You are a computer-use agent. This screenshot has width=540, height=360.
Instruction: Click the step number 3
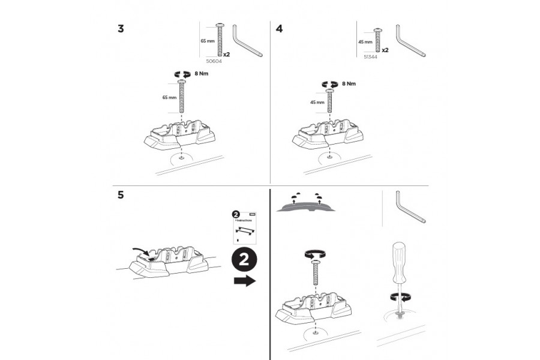(x=122, y=29)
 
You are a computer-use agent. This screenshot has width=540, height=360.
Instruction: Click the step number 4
(x=279, y=29)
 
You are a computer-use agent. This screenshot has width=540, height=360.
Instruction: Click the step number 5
(x=121, y=195)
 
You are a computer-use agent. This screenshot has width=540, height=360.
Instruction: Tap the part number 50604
(x=214, y=61)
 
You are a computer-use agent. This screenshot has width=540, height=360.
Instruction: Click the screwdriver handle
(x=400, y=263)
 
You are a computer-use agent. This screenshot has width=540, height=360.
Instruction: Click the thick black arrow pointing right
(x=244, y=281)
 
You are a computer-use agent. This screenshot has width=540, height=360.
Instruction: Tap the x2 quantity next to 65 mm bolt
(x=227, y=53)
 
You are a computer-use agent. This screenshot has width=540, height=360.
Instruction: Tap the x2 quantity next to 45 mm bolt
(x=385, y=51)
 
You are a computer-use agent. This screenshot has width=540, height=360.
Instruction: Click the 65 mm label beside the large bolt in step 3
(x=170, y=97)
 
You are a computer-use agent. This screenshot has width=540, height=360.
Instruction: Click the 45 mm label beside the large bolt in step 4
(x=317, y=102)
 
